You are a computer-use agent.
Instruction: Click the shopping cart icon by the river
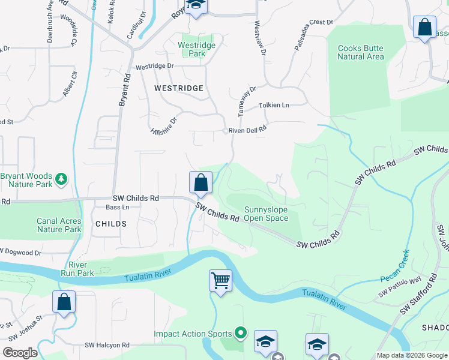tap(220, 280)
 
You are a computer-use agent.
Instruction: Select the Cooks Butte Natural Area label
tap(360, 52)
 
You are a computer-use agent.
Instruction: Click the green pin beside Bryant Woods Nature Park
tap(61, 179)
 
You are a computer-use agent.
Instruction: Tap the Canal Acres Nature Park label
tap(59, 225)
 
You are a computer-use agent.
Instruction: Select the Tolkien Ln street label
tap(274, 106)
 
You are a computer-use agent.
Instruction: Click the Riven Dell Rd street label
tap(247, 130)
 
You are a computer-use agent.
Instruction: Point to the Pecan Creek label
tap(395, 265)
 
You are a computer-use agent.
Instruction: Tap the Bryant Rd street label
tap(123, 91)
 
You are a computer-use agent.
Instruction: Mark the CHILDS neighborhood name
tap(110, 224)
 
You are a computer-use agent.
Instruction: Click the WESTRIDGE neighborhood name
tap(179, 88)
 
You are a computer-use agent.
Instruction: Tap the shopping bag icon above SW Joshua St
tap(64, 302)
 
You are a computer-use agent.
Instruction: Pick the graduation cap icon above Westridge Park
tap(195, 7)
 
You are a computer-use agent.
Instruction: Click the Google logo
tap(20, 352)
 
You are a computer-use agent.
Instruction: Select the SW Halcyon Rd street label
tap(107, 345)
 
